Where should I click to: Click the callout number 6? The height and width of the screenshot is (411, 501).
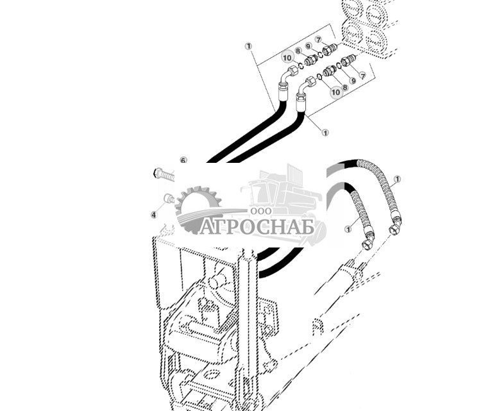pyautogui.click(x=183, y=160)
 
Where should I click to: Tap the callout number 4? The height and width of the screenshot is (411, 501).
pyautogui.click(x=153, y=215)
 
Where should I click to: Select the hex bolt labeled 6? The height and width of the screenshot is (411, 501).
pyautogui.click(x=164, y=173)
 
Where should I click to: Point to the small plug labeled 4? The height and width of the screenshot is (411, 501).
pyautogui.click(x=169, y=199)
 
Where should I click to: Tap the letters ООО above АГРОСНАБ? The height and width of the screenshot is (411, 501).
pyautogui.click(x=260, y=211)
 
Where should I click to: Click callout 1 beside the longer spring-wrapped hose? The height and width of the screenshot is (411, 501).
pyautogui.click(x=397, y=179)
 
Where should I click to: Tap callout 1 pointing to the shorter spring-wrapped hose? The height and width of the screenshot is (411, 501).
pyautogui.click(x=348, y=229)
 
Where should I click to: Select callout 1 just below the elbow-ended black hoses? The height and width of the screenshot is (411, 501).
pyautogui.click(x=325, y=133)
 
